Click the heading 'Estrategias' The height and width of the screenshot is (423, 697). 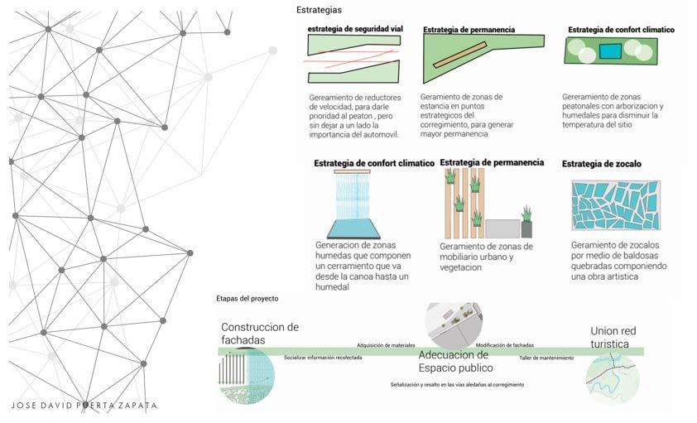318,10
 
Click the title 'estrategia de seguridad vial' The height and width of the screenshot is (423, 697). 355,29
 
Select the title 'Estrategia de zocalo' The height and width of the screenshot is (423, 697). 601,164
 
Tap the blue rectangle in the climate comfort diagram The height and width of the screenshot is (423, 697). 610,51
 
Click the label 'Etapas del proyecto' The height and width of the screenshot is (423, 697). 247,298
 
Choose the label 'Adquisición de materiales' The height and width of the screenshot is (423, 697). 386,345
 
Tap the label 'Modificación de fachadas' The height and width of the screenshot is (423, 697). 504,345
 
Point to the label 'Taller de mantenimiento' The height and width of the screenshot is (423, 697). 546,358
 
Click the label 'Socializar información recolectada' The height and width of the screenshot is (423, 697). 322,358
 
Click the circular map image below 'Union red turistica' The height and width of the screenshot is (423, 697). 612,377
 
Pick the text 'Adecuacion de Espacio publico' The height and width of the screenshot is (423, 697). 455,361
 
